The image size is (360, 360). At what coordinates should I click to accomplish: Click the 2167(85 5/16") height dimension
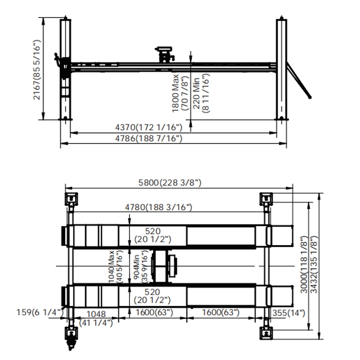37,71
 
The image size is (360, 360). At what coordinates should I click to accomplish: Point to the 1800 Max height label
179,93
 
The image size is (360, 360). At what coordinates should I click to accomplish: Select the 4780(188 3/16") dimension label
159,207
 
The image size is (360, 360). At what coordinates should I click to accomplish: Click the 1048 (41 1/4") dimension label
96,317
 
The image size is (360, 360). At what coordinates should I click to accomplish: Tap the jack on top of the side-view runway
166,54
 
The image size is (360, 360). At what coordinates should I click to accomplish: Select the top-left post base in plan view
71,198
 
